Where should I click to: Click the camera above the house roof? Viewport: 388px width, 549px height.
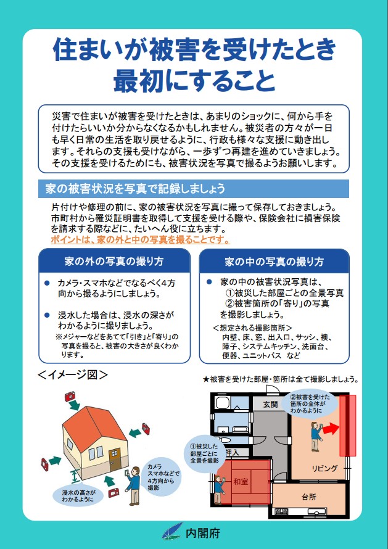tap(69, 395)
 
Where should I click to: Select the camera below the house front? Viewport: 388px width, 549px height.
tap(114, 493)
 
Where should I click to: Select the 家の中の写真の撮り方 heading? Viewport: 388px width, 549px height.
tap(274, 261)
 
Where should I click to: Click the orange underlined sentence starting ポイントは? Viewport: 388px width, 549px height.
tap(140, 239)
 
